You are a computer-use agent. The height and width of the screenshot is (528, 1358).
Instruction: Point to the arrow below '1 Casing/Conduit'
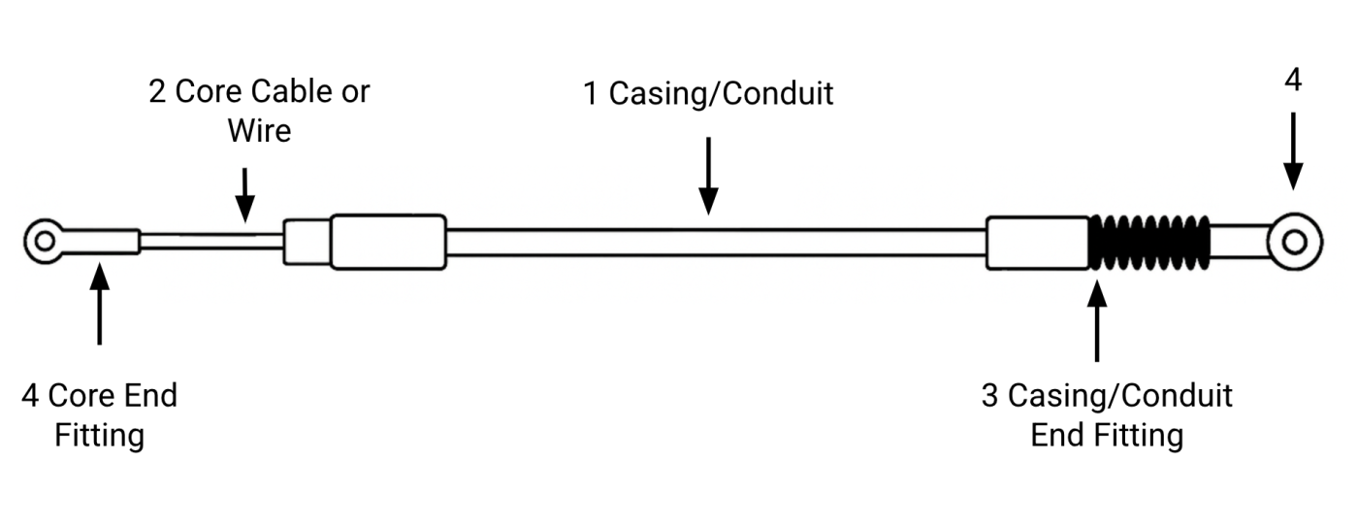[x=709, y=175]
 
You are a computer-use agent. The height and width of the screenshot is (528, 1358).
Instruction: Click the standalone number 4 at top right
[x=1293, y=81]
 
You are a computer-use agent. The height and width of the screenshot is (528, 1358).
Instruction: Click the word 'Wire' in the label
[x=259, y=129]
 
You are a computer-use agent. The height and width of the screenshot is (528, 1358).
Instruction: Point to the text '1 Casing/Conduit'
[x=707, y=94]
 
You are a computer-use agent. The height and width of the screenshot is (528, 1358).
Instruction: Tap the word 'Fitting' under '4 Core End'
[x=99, y=435]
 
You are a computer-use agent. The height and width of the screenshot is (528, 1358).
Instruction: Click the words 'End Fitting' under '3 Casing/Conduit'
[x=1107, y=435]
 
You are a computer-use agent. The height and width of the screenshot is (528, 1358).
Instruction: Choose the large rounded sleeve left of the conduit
[x=388, y=242]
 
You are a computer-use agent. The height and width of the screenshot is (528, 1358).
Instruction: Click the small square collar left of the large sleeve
[x=307, y=242]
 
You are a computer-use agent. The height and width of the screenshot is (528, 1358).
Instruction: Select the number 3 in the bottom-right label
[x=990, y=396]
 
